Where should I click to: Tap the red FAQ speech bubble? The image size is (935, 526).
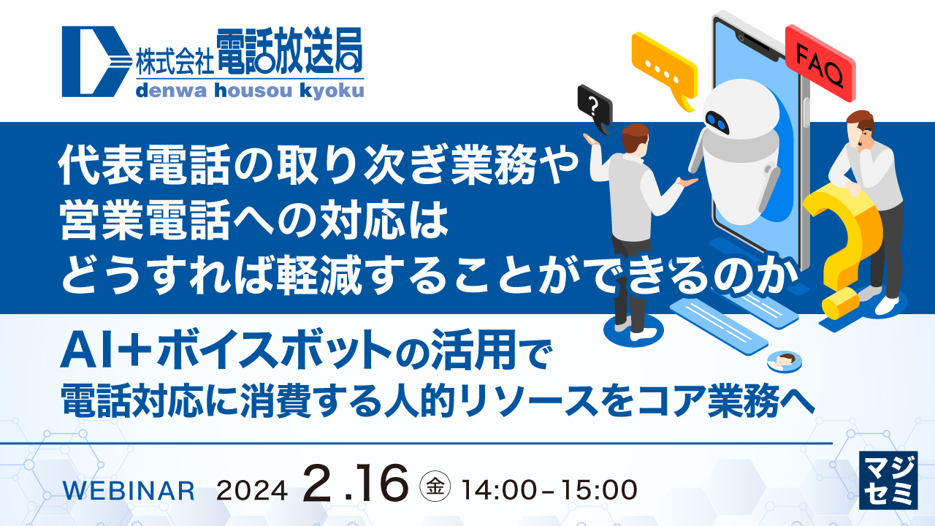(x=820, y=63)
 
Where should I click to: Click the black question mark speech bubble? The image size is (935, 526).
(x=593, y=110)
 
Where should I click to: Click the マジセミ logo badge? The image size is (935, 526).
(x=890, y=479)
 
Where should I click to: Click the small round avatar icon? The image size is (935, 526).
(x=785, y=359)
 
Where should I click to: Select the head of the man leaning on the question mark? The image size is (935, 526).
(x=861, y=126)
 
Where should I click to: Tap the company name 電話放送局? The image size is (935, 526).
(x=289, y=53)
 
